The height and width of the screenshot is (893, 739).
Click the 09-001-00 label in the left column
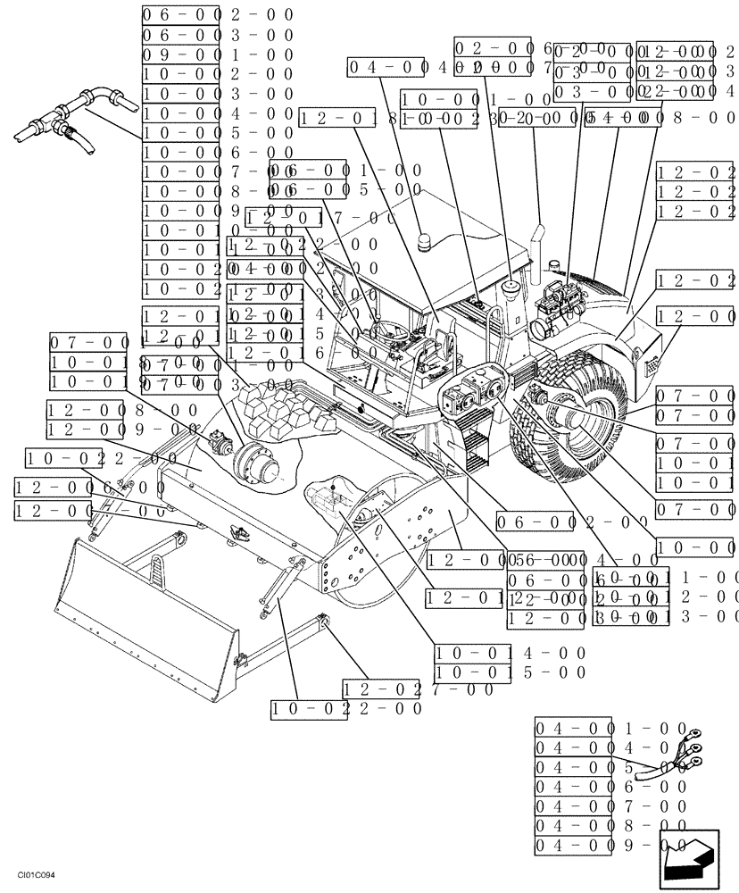(218, 54)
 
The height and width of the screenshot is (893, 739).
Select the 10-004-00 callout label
(218, 113)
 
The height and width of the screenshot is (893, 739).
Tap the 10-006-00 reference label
(218, 153)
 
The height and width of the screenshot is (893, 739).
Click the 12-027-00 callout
(418, 689)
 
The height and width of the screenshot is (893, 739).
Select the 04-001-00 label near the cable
(611, 728)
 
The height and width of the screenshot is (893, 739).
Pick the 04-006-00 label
(611, 787)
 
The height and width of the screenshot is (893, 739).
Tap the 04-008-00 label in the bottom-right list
(611, 826)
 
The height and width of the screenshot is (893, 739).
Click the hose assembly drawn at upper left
(71, 121)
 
